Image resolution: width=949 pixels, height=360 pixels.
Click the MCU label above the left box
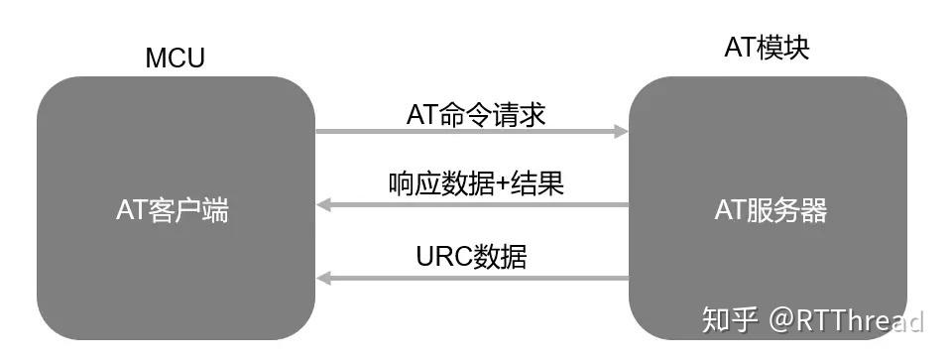pyautogui.click(x=175, y=59)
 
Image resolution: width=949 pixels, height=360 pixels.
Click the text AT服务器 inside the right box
pyautogui.click(x=771, y=210)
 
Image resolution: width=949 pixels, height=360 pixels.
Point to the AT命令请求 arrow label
pyautogui.click(x=476, y=114)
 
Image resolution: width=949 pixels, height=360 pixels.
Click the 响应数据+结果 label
pyautogui.click(x=476, y=183)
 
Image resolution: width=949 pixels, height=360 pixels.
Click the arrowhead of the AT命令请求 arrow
pyautogui.click(x=622, y=131)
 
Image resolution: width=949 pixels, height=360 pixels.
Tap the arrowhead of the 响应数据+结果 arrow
pyautogui.click(x=323, y=205)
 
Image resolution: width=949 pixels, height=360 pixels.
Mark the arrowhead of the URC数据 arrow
pyautogui.click(x=323, y=279)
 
